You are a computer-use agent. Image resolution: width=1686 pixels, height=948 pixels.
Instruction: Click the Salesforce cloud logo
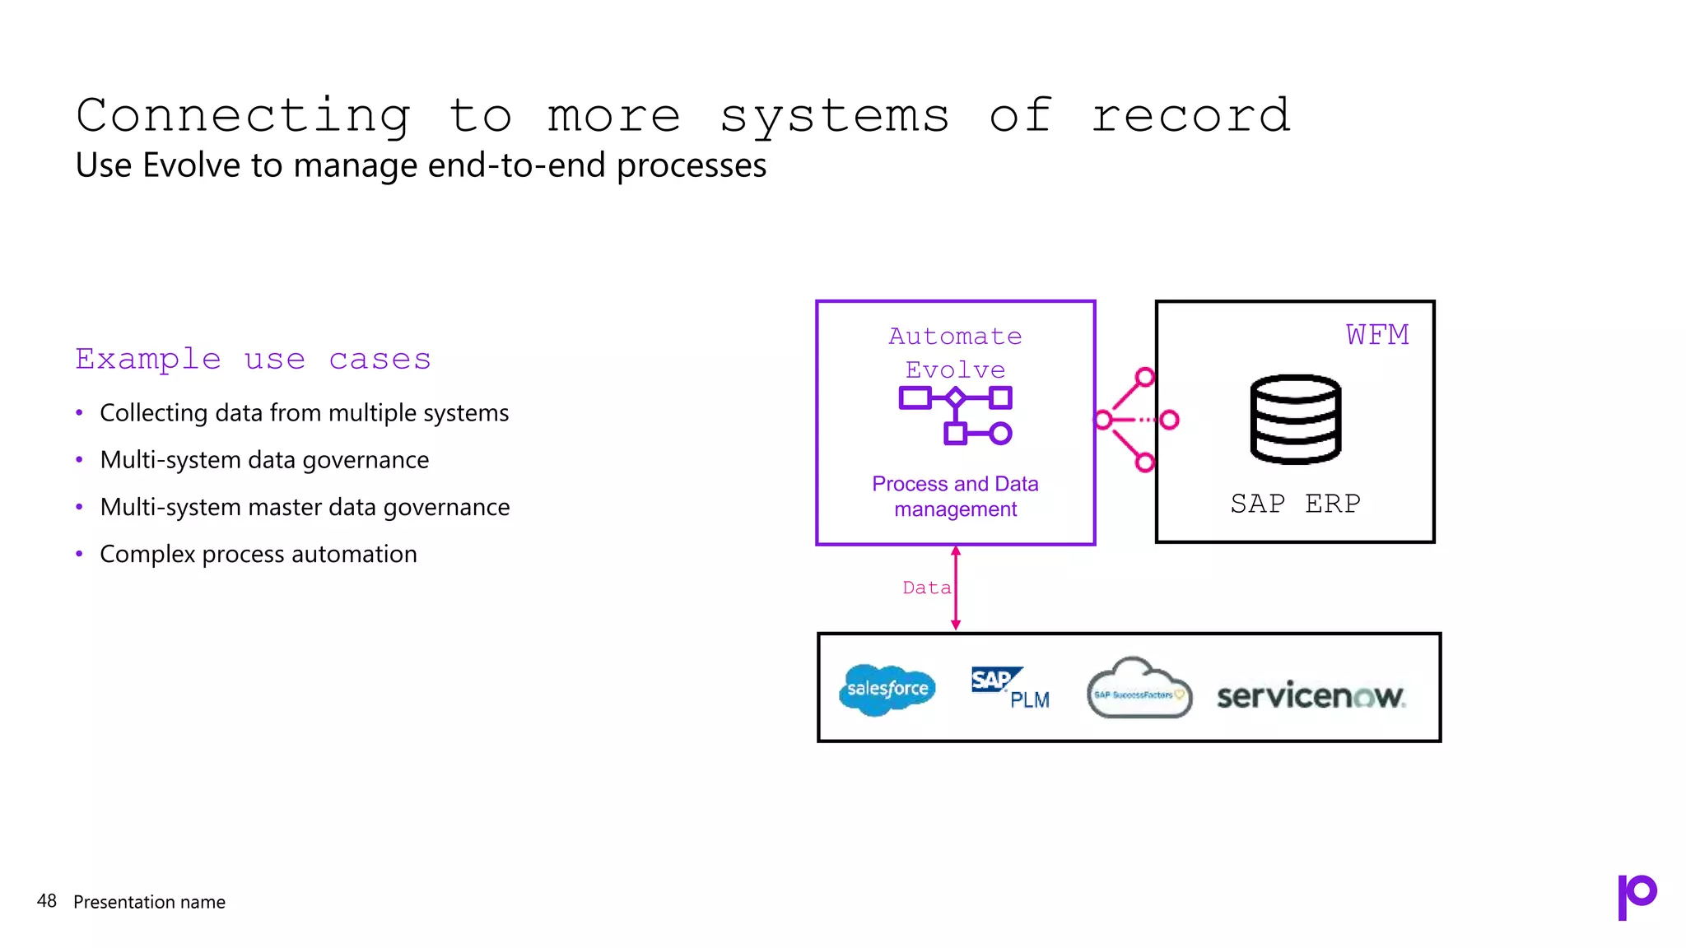coord(887,690)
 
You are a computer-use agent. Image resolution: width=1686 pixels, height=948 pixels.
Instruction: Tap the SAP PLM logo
coord(1009,688)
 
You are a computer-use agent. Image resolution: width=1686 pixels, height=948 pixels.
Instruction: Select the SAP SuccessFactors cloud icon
coord(1139,690)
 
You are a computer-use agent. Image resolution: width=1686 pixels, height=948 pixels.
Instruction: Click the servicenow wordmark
coord(1311,696)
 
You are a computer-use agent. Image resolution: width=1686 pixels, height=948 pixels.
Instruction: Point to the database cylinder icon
coord(1295,419)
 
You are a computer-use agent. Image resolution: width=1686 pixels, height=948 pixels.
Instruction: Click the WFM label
coord(1377,335)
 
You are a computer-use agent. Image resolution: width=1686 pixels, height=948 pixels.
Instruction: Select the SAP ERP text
coord(1295,503)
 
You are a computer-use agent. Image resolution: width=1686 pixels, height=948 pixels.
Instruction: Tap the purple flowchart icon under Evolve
coord(955,416)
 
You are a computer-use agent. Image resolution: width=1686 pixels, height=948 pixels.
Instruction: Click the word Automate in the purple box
coord(955,337)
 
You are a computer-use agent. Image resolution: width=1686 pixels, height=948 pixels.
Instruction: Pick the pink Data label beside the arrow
coord(926,588)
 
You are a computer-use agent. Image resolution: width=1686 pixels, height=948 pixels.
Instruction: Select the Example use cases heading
coord(253,360)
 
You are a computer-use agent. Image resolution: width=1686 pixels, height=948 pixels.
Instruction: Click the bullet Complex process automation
coord(258,555)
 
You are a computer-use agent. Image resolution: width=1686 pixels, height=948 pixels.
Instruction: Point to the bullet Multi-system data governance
coord(264,460)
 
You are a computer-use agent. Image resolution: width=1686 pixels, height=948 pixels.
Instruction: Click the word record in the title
coord(1190,116)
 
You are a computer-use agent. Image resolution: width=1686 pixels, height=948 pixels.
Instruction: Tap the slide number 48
coord(47,901)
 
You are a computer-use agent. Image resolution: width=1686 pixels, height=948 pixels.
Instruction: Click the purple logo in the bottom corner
coord(1637,896)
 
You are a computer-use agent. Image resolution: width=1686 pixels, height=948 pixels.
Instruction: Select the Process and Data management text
coord(955,496)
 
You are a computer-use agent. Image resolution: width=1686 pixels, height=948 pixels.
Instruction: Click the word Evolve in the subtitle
coord(193,165)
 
